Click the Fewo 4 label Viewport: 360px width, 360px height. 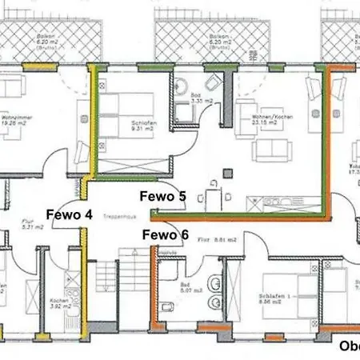pos(69,214)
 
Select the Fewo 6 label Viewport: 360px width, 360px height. pos(166,234)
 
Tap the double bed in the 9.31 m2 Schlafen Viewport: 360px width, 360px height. pos(127,108)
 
